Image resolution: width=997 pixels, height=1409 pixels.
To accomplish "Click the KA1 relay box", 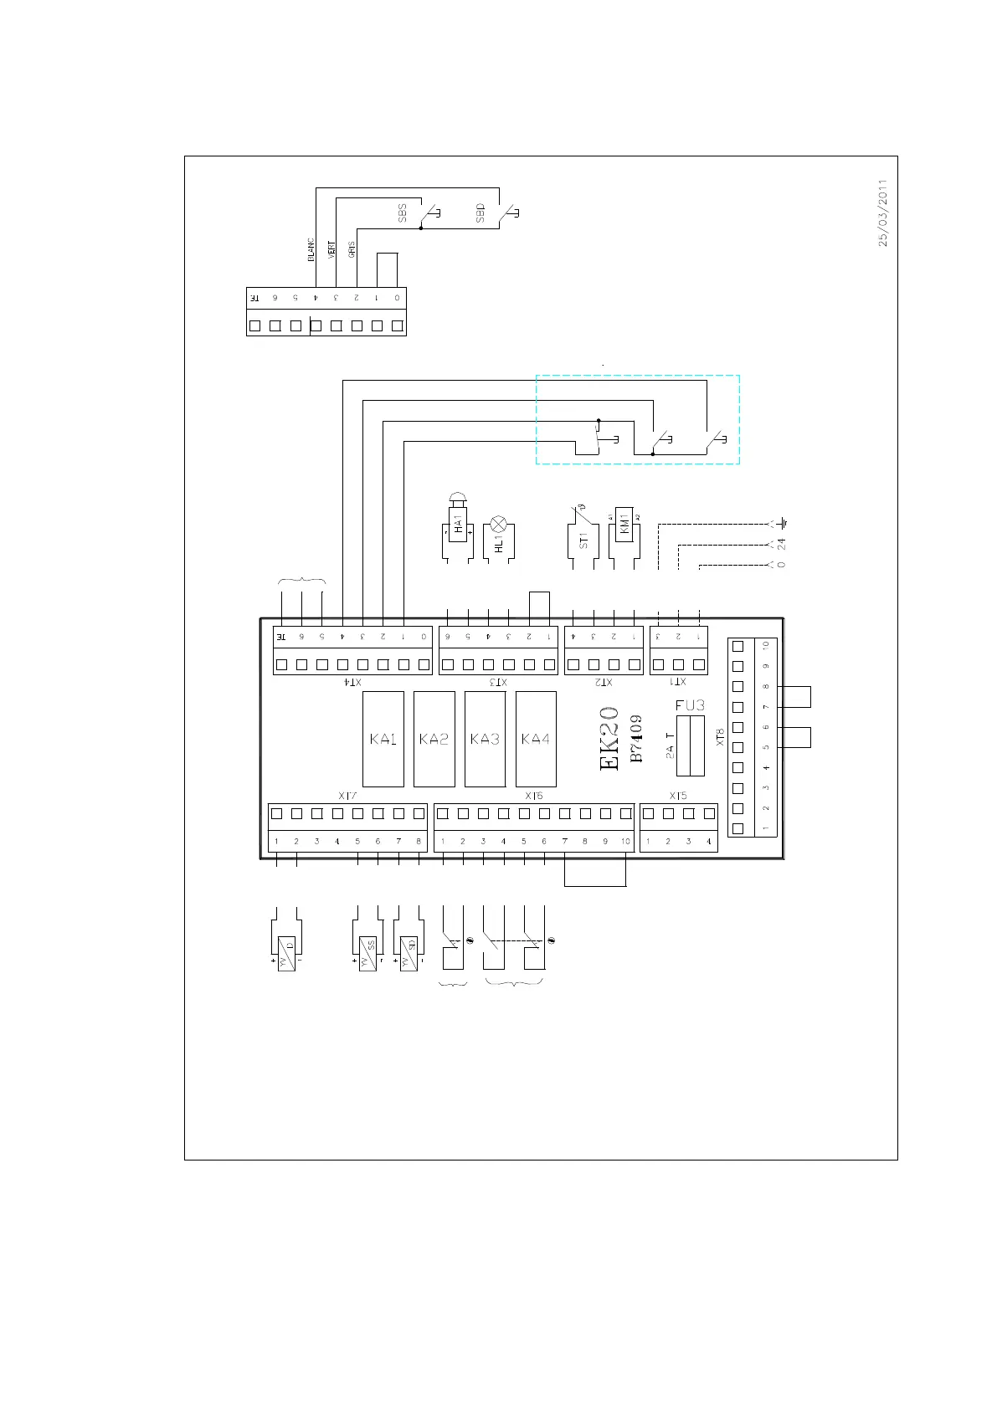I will point(383,739).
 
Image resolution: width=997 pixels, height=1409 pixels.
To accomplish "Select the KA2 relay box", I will point(434,739).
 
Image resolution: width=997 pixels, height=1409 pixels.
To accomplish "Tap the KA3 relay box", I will point(485,739).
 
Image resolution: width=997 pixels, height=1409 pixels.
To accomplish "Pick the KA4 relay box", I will point(536,739).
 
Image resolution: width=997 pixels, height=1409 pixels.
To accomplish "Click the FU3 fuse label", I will point(690,705).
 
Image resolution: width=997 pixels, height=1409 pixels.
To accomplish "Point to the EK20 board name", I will point(610,738).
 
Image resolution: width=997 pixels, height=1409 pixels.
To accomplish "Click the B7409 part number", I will point(636,738).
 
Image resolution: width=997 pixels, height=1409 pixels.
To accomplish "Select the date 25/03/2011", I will point(882,213).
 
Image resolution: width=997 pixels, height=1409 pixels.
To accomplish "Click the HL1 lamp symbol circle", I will point(499,525).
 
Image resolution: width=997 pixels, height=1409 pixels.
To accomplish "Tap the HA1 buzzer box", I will point(458,525).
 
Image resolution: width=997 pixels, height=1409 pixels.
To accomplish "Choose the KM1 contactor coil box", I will point(624,525).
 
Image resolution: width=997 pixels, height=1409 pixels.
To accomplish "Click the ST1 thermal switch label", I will point(583,540).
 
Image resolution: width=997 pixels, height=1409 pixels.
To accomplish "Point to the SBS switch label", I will point(402,213).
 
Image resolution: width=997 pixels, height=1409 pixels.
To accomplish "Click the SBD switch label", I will point(480,213).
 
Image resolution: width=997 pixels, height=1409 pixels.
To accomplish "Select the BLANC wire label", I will point(311,251).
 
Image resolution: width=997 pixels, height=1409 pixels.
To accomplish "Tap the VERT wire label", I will point(331,249).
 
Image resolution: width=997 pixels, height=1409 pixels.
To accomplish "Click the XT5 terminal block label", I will point(678,796).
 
